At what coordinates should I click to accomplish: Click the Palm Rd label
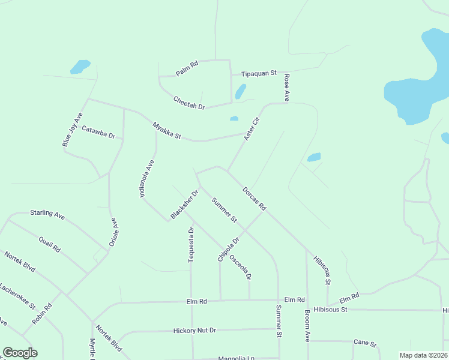click(187, 69)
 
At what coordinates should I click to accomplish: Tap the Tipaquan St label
click(259, 73)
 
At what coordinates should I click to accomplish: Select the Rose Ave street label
click(287, 88)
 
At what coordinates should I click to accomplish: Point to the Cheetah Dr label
click(189, 103)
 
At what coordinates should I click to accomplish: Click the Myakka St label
click(166, 131)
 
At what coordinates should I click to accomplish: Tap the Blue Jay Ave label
click(72, 130)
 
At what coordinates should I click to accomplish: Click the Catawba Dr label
click(98, 131)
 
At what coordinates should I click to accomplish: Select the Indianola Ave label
click(148, 180)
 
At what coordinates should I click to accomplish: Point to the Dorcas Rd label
click(254, 199)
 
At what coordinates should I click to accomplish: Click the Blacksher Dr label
click(184, 205)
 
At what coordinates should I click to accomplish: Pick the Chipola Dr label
click(228, 249)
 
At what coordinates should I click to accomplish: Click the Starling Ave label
click(47, 214)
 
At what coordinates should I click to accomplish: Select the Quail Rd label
click(49, 244)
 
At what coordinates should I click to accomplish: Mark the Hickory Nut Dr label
click(194, 330)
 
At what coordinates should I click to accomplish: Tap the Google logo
click(20, 353)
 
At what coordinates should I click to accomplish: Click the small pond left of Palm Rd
click(80, 66)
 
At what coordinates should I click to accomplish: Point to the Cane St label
click(364, 344)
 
